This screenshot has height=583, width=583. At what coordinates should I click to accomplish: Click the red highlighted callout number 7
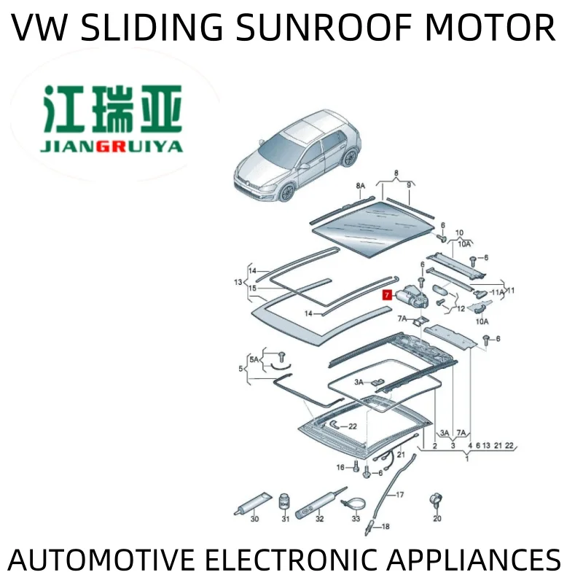386,295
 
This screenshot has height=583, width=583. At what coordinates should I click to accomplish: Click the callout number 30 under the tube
254,519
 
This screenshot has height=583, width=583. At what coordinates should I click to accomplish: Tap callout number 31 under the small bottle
286,519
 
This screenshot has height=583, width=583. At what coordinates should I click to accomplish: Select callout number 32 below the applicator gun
318,519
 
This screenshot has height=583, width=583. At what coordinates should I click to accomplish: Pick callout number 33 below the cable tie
356,519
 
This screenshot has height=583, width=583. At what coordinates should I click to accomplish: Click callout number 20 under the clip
437,519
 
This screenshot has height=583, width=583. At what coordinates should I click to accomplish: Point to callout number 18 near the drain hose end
386,525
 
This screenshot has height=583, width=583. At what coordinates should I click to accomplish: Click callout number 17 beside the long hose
399,496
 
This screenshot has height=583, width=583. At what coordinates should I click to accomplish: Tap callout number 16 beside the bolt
340,467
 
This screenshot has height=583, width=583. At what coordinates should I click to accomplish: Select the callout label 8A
360,187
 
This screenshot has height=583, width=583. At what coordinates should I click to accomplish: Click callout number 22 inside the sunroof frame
352,426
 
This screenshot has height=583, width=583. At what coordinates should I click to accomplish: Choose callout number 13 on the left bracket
238,282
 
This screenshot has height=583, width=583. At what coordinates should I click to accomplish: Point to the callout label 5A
254,360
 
